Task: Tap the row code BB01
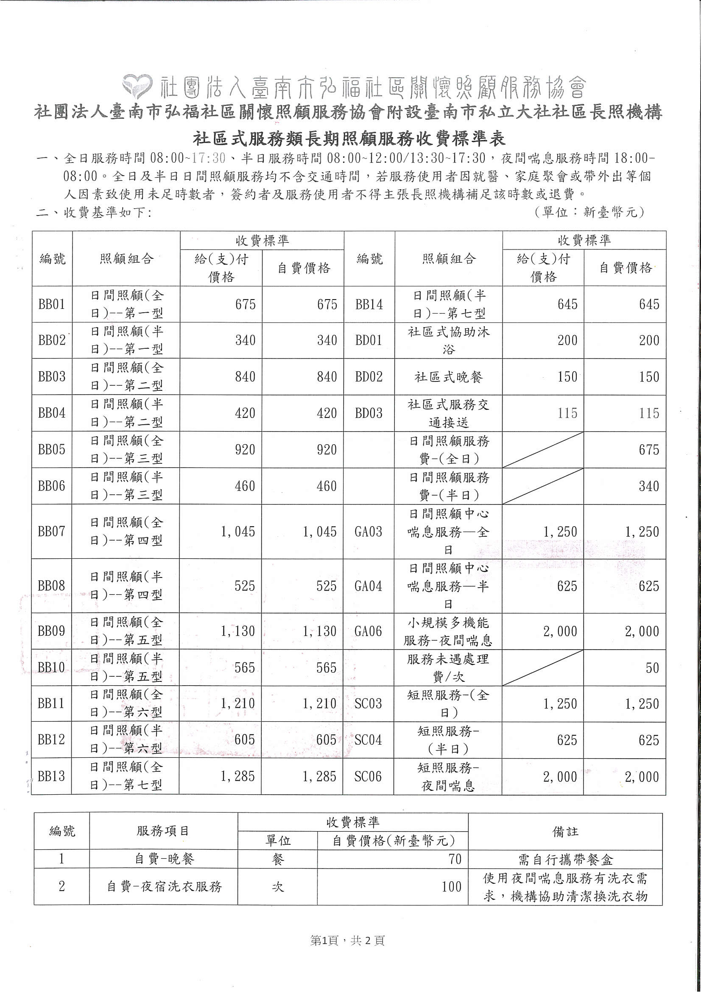tap(52, 304)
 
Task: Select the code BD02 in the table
tap(369, 376)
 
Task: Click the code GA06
tap(368, 631)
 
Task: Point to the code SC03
tap(368, 704)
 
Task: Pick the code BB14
tap(369, 304)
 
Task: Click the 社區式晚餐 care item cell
tap(448, 377)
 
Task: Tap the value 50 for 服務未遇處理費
tap(652, 668)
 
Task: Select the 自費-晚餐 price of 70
tap(455, 859)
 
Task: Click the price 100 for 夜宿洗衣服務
tap(451, 887)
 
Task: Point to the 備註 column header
tap(565, 832)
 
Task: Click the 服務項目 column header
tap(163, 831)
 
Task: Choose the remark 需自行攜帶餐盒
tap(565, 860)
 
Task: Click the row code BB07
tap(52, 531)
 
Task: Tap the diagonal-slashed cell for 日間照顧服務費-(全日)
tap(543, 449)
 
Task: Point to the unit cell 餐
tap(277, 859)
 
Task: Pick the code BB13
tap(52, 776)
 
